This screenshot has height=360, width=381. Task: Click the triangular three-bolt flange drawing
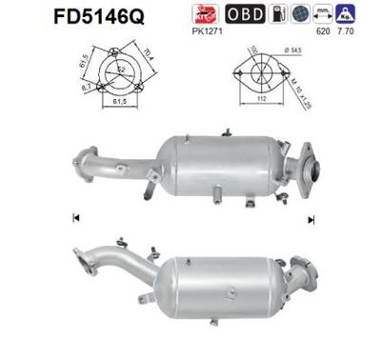click(110, 72)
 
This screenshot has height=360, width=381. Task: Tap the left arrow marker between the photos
click(74, 218)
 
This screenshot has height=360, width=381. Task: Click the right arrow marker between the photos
click(311, 218)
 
